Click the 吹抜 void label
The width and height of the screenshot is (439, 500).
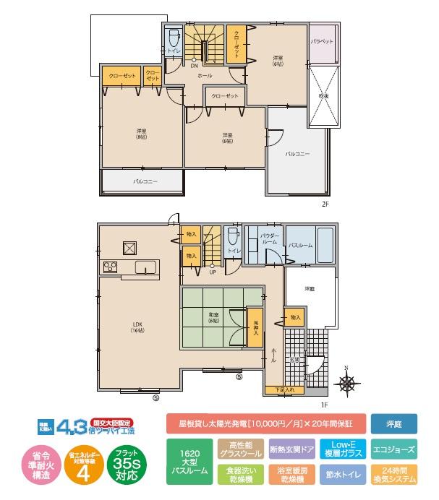click(x=323, y=95)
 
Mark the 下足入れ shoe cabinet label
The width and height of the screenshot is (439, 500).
click(x=285, y=390)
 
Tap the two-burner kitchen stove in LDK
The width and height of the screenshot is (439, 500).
click(x=111, y=267)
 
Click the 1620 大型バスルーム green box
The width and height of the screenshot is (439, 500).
click(x=189, y=462)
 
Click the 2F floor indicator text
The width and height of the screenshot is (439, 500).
click(x=325, y=204)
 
